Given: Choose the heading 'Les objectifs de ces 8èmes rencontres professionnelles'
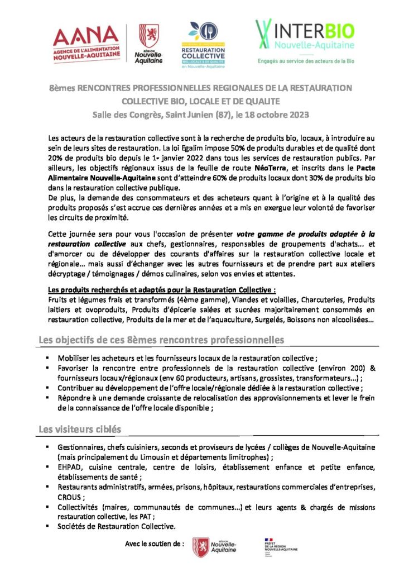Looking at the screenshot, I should (x=161, y=340).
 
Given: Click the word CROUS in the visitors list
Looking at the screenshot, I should (x=69, y=497).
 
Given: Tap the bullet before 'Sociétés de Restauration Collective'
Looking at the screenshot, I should (x=49, y=526).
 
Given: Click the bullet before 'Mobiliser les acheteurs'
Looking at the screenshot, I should (x=49, y=357).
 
